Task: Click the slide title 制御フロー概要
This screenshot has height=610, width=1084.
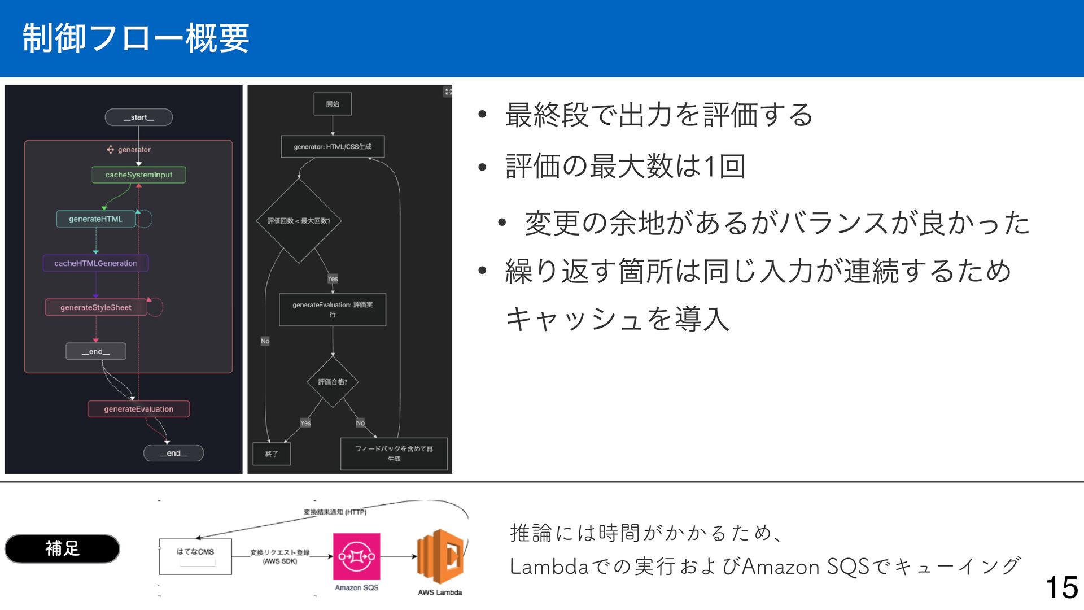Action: [135, 38]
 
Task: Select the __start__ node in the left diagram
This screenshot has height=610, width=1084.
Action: [138, 117]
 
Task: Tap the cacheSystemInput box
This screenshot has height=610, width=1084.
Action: [138, 175]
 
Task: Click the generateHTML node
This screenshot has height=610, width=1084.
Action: [95, 219]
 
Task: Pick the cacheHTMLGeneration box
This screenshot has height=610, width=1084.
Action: [95, 263]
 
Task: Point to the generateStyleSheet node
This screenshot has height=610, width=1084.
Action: [95, 307]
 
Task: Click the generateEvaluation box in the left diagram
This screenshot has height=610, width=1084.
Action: [138, 409]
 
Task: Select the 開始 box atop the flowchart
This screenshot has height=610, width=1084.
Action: [333, 104]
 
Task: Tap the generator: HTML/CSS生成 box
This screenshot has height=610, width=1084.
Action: [333, 147]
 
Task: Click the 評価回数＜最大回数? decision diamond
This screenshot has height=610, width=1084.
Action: [299, 221]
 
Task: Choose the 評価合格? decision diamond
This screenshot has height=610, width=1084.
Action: [333, 382]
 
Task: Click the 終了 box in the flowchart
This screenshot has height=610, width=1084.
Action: [272, 454]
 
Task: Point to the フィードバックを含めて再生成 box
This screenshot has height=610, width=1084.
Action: [394, 454]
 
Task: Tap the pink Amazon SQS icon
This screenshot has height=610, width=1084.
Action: [356, 556]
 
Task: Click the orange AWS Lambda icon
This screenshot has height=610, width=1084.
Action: [440, 556]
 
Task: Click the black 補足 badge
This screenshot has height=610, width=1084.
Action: [62, 548]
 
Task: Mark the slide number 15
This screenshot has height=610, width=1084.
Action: [1061, 587]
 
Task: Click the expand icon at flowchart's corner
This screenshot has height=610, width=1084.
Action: [448, 91]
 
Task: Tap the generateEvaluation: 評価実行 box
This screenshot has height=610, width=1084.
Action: [333, 310]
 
